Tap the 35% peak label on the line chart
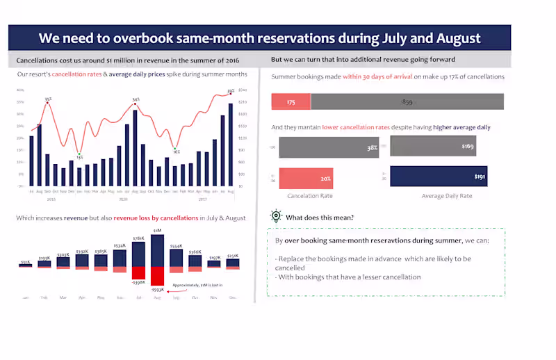(48, 99)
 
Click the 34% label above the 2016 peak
(136, 99)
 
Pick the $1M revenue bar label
(158, 230)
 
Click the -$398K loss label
(138, 282)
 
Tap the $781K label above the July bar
(138, 238)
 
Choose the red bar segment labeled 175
(291, 102)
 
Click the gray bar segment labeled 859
(407, 102)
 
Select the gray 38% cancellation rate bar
(329, 147)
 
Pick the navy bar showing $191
(439, 177)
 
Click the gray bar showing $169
(433, 147)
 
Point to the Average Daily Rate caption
(447, 196)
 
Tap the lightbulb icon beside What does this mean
(276, 217)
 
